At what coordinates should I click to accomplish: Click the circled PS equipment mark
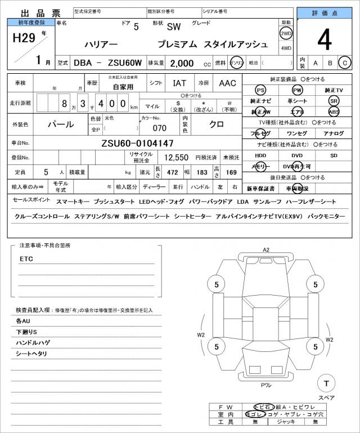[260, 90]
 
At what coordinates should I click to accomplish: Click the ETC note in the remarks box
[26, 259]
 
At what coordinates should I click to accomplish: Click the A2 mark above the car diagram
[266, 249]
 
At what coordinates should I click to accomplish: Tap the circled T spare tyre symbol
[326, 383]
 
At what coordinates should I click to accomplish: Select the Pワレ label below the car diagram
[266, 385]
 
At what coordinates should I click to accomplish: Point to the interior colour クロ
[217, 124]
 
